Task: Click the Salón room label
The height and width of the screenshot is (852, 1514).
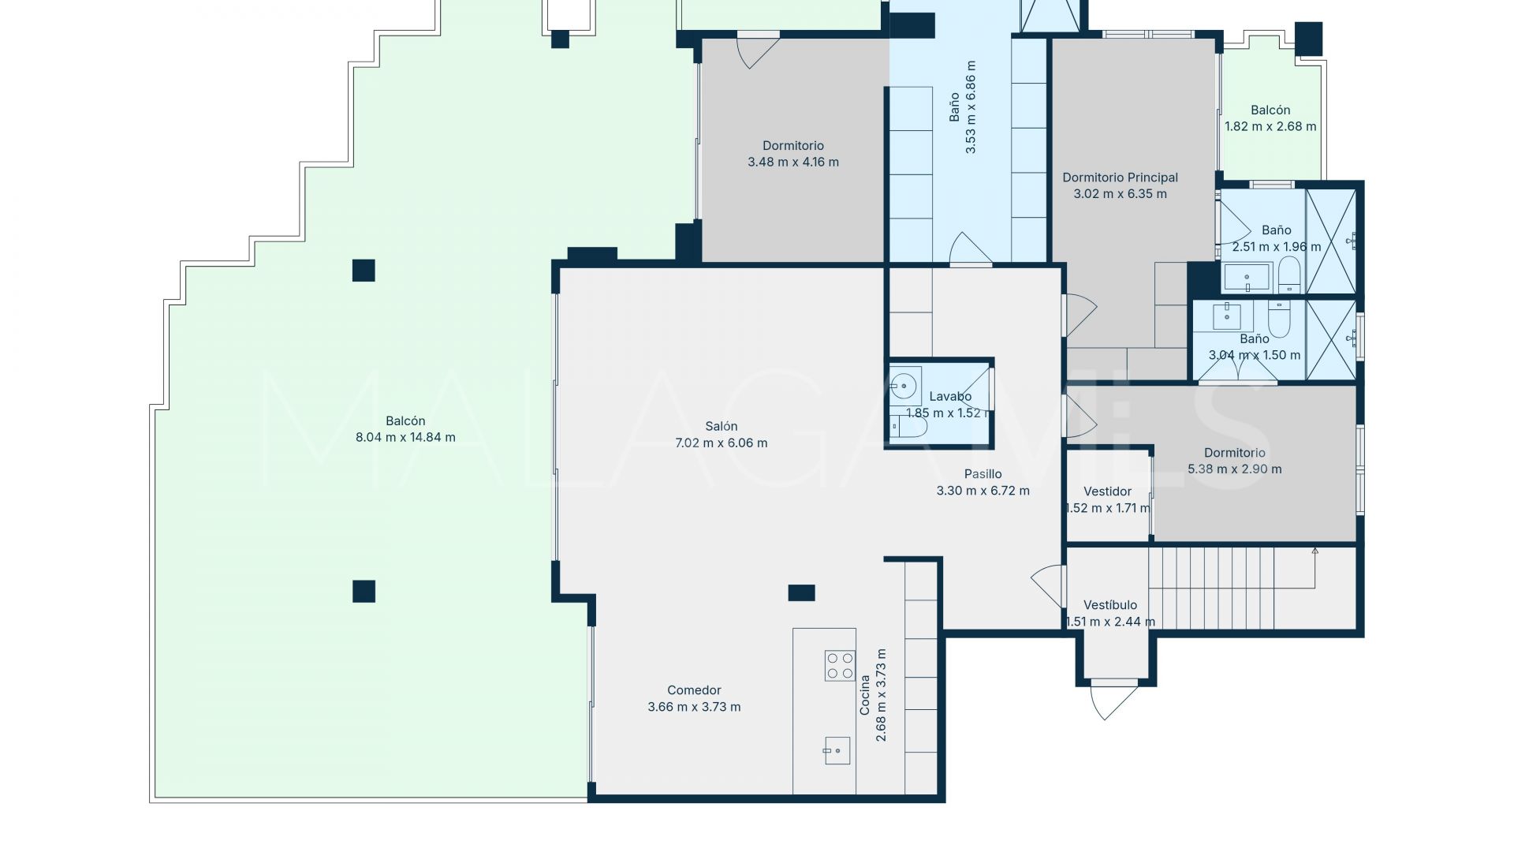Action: coord(721,427)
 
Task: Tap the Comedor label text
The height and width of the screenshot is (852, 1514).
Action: coord(694,690)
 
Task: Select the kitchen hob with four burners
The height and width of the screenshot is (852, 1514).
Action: coord(839,665)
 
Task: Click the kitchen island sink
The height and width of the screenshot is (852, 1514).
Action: coord(837,751)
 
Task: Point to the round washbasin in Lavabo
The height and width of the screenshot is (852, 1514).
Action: coord(903,386)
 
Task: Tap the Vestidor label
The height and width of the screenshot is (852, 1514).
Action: coord(1107,491)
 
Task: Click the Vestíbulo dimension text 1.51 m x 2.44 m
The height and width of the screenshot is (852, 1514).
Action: coord(1109,622)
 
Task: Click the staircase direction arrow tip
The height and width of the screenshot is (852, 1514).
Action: coord(1314,551)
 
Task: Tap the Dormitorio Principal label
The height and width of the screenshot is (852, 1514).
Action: coord(1120,177)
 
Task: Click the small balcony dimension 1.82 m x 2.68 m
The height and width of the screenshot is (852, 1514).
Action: coord(1270,126)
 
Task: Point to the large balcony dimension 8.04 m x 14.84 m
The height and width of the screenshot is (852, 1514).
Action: coord(405,437)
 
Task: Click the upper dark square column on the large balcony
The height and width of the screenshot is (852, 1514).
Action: coord(364,271)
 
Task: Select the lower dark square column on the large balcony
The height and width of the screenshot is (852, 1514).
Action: coord(364,591)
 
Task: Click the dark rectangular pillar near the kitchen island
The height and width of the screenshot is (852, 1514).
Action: coord(801,592)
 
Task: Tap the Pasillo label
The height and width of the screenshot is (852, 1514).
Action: coord(983,474)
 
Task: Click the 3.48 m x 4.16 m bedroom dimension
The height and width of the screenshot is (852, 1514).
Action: coord(792,163)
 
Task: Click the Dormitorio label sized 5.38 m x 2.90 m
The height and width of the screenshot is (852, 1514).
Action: coord(1234,453)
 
